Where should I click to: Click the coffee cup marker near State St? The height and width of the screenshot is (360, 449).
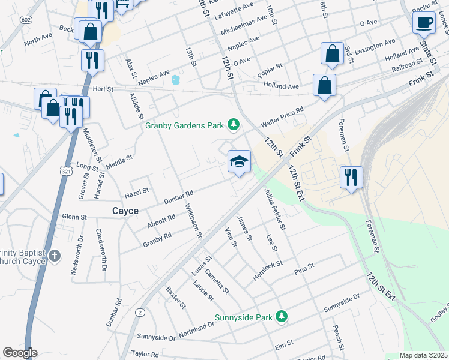[424, 23]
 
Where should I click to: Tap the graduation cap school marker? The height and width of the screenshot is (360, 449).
[239, 161]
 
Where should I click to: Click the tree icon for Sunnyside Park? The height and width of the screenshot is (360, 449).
[280, 316]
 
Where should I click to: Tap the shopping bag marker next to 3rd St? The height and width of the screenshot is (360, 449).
[332, 54]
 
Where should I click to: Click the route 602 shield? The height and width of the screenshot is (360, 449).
[25, 20]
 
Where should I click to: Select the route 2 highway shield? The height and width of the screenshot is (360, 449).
[140, 312]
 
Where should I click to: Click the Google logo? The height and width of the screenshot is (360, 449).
[20, 353]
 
